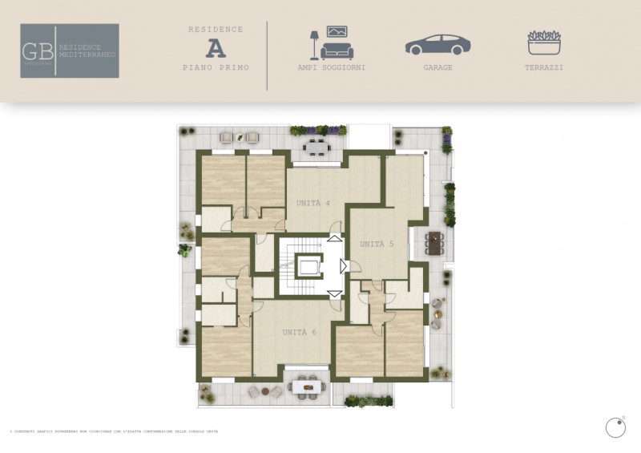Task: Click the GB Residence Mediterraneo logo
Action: coord(70,51)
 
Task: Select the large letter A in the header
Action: coord(216,48)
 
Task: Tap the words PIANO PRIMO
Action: coord(216,68)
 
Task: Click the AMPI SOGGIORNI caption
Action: coord(332,68)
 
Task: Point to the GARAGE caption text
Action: coord(437,68)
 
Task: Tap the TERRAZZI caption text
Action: coord(545,68)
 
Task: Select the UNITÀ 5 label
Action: coord(377,244)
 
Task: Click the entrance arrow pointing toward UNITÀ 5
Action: coord(343,265)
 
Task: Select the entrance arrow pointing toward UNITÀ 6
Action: coord(334,294)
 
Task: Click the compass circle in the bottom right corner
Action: coord(615,428)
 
